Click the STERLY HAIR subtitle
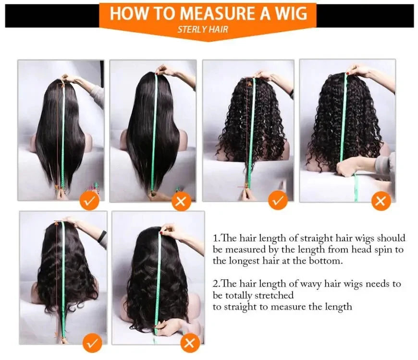pyautogui.click(x=203, y=29)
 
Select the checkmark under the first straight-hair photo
pyautogui.click(x=90, y=201)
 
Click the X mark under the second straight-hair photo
pyautogui.click(x=181, y=202)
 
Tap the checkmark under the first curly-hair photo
pyautogui.click(x=278, y=201)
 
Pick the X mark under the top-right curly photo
pyautogui.click(x=381, y=201)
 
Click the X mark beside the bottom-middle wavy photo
pyautogui.click(x=190, y=343)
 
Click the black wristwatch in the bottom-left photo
pyautogui.click(x=102, y=236)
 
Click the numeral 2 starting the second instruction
pyautogui.click(x=215, y=284)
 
